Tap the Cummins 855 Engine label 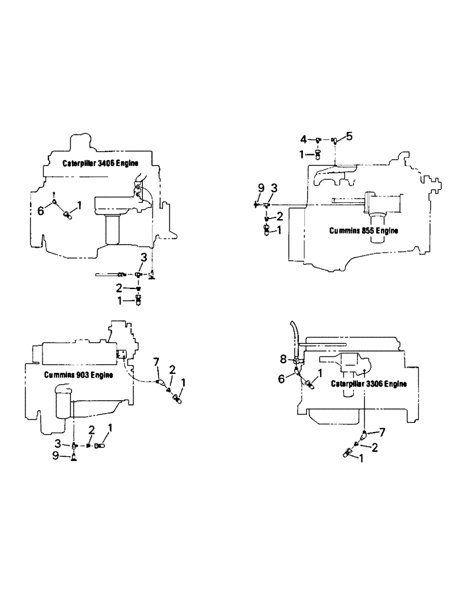coord(363,230)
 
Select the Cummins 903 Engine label coord(79,375)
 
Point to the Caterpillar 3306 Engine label coord(369,384)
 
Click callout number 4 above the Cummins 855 coord(304,139)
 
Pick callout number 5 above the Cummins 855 coord(349,137)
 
